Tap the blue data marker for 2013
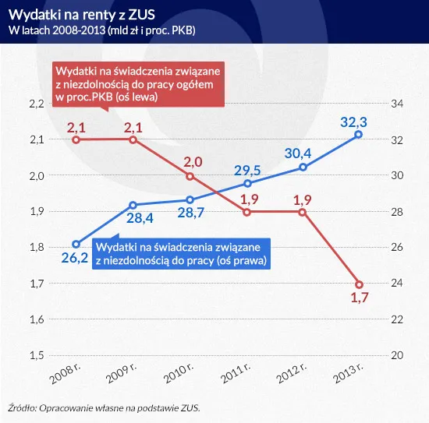pyautogui.click(x=359, y=135)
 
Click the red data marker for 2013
pyautogui.click(x=359, y=284)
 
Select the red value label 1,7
pyautogui.click(x=359, y=299)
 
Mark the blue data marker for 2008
pyautogui.click(x=76, y=244)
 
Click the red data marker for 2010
pyautogui.click(x=190, y=176)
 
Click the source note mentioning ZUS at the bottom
pyautogui.click(x=109, y=407)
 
